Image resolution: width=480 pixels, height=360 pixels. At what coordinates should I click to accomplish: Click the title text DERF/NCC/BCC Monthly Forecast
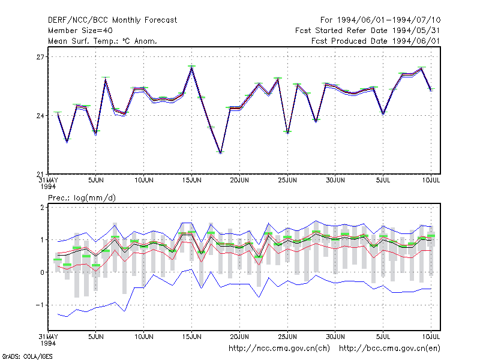[x=112, y=20]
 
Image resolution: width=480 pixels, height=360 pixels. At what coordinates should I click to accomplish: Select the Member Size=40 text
[x=80, y=31]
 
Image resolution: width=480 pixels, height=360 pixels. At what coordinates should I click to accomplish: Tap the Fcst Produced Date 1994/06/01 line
[x=376, y=41]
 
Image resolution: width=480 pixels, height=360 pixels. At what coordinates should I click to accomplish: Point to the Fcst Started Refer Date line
[x=367, y=31]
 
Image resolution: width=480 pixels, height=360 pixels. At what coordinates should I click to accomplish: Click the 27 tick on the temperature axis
[x=40, y=57]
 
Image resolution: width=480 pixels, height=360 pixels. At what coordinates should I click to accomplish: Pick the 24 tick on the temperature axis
[x=40, y=116]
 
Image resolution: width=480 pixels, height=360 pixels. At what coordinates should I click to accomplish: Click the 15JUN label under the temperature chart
[x=191, y=181]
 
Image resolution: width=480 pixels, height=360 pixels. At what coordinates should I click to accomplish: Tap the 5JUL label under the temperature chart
[x=383, y=181]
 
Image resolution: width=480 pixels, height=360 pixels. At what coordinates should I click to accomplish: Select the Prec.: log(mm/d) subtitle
[x=82, y=198]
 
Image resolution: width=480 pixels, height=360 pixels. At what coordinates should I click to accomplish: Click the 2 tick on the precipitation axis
[x=42, y=208]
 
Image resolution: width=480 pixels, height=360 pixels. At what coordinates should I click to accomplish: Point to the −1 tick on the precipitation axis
[x=40, y=305]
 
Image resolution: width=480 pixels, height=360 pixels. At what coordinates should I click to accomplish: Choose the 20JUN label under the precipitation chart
[x=239, y=337]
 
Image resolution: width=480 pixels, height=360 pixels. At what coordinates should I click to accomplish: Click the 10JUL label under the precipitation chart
[x=431, y=337]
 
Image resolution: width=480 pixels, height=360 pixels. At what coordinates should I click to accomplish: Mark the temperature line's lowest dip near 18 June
[x=220, y=152]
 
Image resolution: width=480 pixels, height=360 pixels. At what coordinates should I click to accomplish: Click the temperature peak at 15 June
[x=191, y=68]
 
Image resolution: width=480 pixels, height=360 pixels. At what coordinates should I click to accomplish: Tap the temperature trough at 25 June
[x=288, y=133]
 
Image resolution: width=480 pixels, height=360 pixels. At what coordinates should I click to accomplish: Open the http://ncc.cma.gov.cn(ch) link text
[x=279, y=349]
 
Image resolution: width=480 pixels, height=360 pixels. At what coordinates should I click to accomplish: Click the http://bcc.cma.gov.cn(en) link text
[x=389, y=349]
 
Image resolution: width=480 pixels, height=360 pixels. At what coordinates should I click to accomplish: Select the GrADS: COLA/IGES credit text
[x=27, y=356]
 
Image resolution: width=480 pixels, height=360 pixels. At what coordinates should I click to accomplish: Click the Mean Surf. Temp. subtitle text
[x=103, y=41]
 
